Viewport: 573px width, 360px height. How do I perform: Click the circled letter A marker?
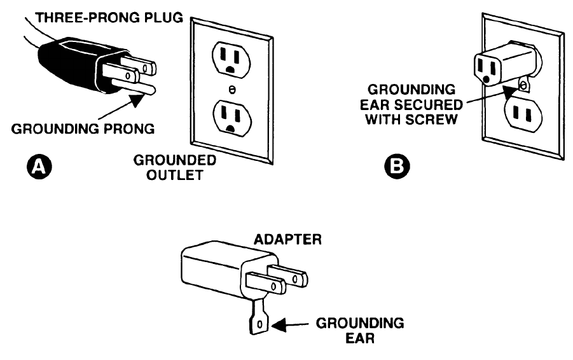pos(39,167)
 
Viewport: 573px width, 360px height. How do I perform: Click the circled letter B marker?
pos(397,167)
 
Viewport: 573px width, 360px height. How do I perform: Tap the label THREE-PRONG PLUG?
pos(109,18)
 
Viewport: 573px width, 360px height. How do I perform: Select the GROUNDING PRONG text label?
pos(83,129)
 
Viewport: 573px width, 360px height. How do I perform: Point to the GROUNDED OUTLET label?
pos(175,168)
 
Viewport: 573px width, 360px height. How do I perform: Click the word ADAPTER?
pos(287,240)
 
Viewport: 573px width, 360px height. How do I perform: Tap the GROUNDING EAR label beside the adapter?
pos(360,331)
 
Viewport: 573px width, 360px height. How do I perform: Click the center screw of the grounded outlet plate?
pos(231,90)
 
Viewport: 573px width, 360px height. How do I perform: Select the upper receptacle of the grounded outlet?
pos(231,59)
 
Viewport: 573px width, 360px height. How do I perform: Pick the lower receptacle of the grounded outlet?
pos(232,118)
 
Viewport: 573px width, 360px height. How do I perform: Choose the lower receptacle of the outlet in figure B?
pos(523,114)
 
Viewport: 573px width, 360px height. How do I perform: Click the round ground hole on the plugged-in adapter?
pos(487,80)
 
